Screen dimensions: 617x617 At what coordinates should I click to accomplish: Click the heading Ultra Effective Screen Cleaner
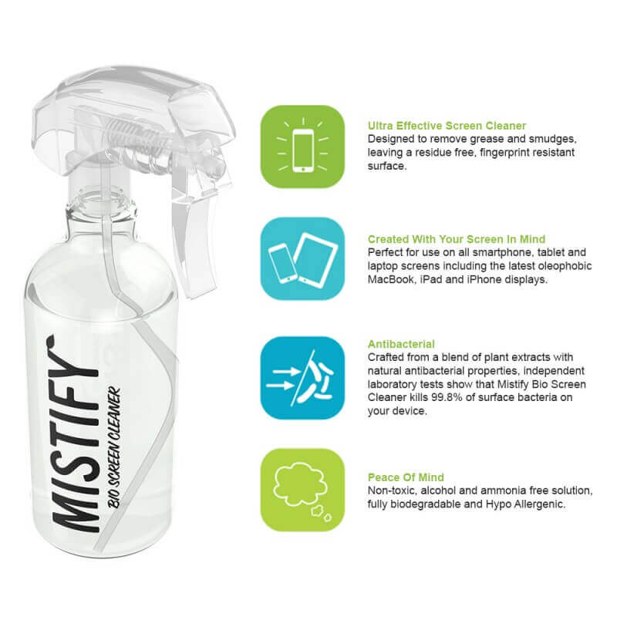click(x=447, y=126)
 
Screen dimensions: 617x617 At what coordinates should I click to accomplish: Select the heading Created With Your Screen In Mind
click(x=457, y=239)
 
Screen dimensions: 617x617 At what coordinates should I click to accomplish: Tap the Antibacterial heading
click(x=401, y=344)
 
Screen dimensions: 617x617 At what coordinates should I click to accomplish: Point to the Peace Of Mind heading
click(x=406, y=477)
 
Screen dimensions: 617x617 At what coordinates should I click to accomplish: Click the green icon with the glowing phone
click(x=302, y=147)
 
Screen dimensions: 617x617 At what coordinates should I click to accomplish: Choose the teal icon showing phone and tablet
click(x=302, y=259)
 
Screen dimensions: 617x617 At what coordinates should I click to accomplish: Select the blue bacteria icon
click(x=302, y=378)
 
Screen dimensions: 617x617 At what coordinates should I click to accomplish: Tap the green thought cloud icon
click(x=302, y=491)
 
